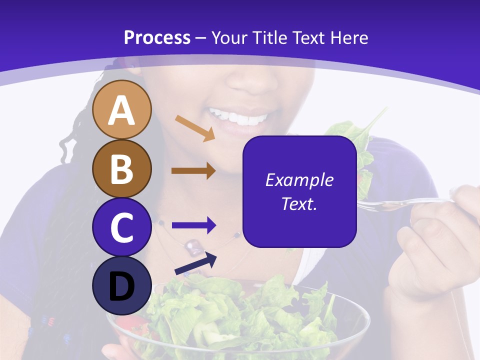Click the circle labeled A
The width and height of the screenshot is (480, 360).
[x=121, y=109]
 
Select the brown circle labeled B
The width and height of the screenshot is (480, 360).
[x=121, y=168]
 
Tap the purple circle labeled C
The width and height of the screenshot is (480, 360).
[x=121, y=227]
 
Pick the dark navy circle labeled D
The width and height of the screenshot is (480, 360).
[x=121, y=286]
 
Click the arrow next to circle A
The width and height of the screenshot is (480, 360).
[x=195, y=128]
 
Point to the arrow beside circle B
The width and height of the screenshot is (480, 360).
[x=193, y=171]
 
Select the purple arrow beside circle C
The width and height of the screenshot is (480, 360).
[x=193, y=225]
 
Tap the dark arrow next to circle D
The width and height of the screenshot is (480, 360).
[x=195, y=264]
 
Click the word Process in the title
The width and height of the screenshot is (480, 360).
[x=157, y=37]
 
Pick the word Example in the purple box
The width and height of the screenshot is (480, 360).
[x=299, y=180]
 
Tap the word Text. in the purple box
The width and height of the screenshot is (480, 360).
[x=299, y=203]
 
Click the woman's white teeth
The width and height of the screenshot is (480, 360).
[x=239, y=118]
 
